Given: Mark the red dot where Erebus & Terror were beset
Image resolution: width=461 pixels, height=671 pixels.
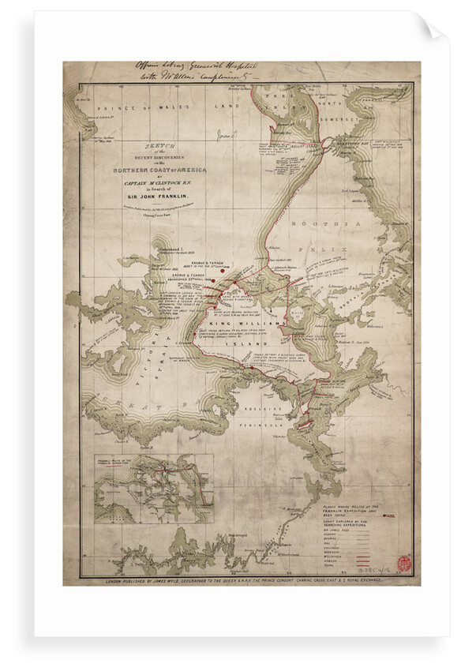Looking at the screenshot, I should tap(223, 270).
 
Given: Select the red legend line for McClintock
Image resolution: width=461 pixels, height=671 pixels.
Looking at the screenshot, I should tap(372, 549).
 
